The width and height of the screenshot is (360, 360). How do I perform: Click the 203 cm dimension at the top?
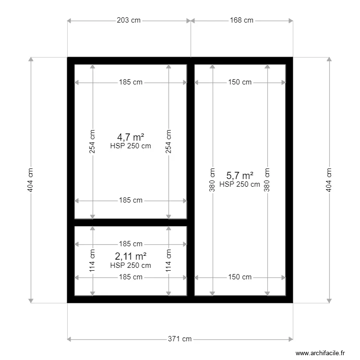[129, 21]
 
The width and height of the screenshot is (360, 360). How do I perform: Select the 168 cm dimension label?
[241, 21]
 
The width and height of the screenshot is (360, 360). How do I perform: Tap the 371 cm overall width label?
[180, 339]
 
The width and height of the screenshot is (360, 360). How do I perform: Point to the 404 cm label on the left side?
[31, 180]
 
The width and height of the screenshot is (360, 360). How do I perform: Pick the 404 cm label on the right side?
[329, 180]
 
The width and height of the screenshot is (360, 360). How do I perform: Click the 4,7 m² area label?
[131, 137]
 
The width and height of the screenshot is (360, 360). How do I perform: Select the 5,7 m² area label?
[240, 176]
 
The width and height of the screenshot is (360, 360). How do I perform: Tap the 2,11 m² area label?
[131, 257]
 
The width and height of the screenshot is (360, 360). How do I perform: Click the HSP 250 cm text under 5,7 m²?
[240, 184]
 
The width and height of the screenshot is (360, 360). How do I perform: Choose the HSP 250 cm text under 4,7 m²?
[131, 146]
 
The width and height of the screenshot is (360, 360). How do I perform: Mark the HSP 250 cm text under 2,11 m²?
[131, 265]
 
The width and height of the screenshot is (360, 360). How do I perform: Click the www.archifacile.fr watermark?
[320, 353]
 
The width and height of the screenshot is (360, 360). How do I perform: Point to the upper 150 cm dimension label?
[240, 83]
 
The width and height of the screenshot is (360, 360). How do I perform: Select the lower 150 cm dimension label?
[240, 277]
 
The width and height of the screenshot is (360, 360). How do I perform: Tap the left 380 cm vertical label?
[212, 180]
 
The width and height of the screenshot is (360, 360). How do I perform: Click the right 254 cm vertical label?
[168, 142]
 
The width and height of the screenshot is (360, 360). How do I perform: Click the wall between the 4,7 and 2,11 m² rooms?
[131, 222]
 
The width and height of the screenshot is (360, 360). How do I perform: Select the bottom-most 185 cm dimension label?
[131, 277]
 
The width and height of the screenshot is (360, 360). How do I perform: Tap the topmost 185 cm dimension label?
[131, 83]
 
